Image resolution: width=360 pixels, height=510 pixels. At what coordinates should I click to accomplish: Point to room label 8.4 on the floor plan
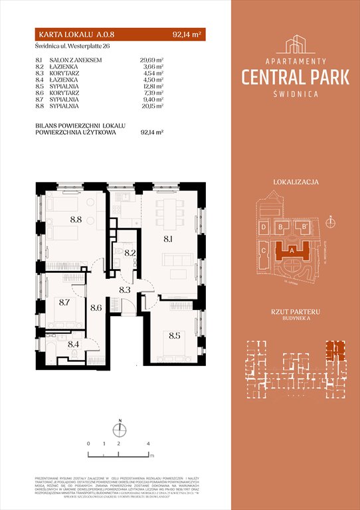[74, 345]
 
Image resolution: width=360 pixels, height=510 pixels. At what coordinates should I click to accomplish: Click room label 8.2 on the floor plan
[131, 252]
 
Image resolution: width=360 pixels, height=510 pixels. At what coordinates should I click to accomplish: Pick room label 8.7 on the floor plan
[65, 301]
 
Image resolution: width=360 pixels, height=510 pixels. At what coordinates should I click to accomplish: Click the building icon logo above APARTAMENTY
[296, 44]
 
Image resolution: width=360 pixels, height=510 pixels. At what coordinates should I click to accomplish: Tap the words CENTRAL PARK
[296, 78]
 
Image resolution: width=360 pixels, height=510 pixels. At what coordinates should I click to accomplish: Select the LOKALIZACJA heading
[296, 181]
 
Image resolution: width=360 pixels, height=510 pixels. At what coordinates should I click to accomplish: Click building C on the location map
[264, 251]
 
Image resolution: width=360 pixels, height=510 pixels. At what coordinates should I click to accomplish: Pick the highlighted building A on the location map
[293, 251]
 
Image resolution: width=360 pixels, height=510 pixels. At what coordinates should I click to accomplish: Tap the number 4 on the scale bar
[149, 442]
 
